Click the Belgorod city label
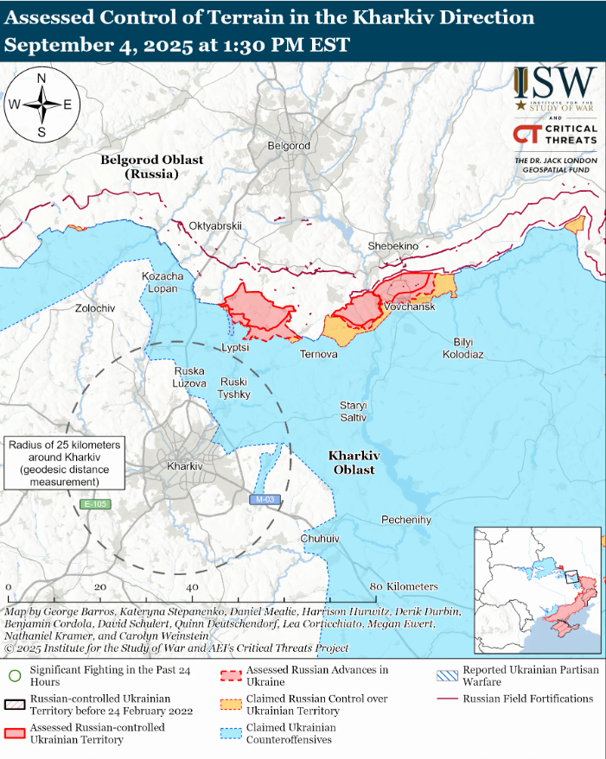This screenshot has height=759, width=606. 289,146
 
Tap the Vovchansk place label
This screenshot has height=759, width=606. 410,307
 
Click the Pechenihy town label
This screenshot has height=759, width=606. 406,520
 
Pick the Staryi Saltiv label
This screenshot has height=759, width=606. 353,411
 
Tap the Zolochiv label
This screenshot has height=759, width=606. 95,308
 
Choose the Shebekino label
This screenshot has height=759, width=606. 393,246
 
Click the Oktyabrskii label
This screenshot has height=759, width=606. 215,226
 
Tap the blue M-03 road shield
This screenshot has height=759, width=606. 265,499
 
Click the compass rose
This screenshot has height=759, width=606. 41,104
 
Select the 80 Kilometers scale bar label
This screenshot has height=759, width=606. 404,586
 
